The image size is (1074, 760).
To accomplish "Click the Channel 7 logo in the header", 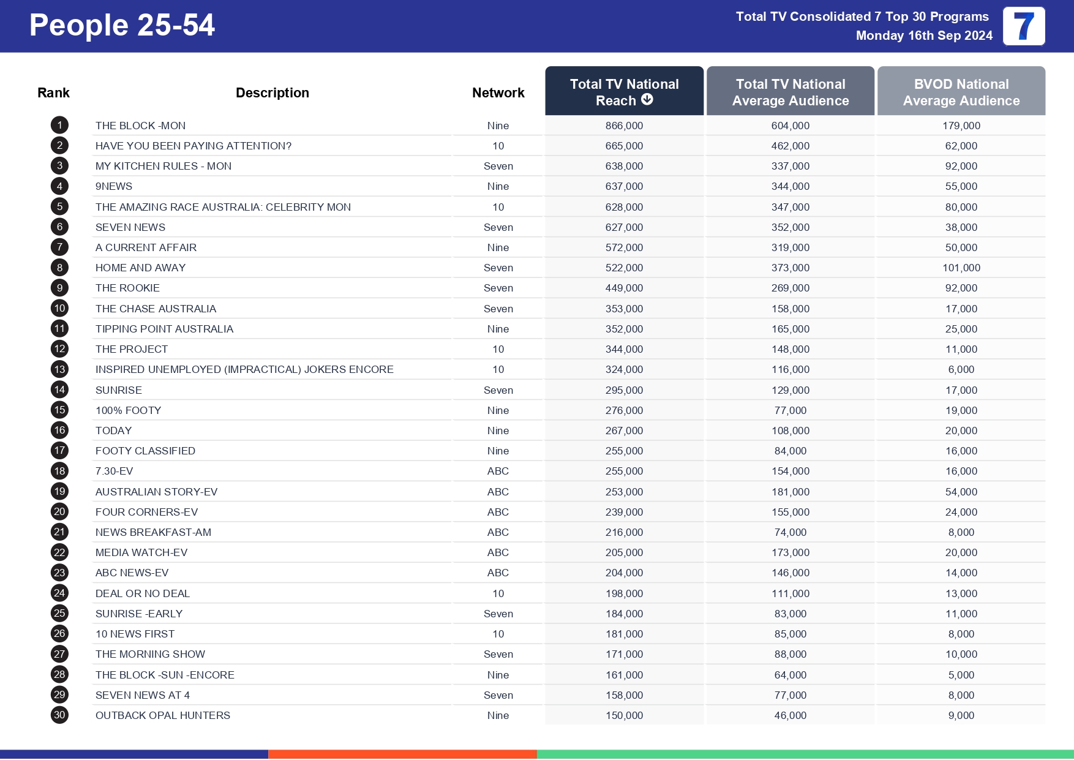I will coord(1024,26).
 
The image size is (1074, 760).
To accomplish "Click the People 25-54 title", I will coord(122,26).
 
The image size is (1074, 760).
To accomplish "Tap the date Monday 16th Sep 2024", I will coord(923,36).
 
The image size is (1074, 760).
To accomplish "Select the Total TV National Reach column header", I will coord(624,92).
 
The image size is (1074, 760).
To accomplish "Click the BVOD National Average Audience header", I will coord(961,92).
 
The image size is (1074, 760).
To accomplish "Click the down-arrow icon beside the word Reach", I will coord(647,99).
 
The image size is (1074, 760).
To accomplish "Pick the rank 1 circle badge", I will coord(59,126).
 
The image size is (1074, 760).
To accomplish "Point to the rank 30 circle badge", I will coord(59,715).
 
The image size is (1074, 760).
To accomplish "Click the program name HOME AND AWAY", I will coord(140,268).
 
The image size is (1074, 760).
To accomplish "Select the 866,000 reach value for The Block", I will coord(624,126).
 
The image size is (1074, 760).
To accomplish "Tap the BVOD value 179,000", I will coord(961,126).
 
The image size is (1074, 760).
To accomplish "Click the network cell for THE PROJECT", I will coord(498,349).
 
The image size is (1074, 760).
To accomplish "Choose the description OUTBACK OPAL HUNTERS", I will coord(163,715).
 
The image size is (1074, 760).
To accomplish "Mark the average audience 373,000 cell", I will coord(790,268).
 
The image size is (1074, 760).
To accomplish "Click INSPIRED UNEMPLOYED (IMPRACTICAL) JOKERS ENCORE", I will coord(244,369).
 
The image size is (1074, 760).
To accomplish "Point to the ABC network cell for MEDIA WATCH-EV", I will coord(498,552).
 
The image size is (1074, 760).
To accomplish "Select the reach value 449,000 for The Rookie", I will coord(624,288).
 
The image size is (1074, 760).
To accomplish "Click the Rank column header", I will coord(53,92).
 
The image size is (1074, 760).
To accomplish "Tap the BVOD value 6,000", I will coord(961,369).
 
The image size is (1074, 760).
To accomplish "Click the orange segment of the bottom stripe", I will coord(402,754).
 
